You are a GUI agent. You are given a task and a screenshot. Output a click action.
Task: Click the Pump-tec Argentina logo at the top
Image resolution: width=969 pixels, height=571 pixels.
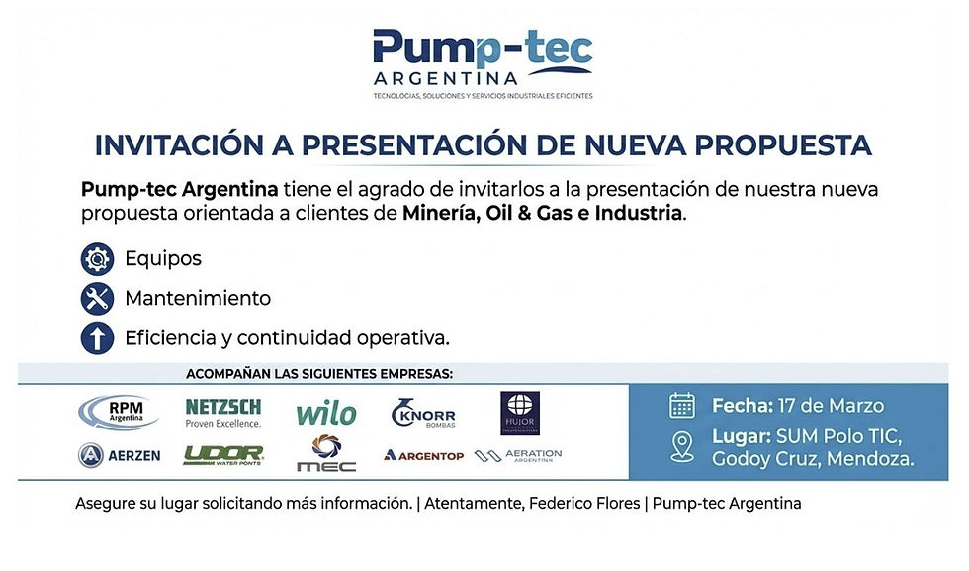[483, 61]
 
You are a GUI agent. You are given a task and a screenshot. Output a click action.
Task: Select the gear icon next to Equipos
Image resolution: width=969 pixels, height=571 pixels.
[96, 259]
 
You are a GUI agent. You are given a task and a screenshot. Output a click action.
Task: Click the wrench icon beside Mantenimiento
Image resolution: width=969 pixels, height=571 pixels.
[96, 298]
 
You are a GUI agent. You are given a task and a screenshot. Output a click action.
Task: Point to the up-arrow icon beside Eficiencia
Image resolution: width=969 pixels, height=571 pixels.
[96, 337]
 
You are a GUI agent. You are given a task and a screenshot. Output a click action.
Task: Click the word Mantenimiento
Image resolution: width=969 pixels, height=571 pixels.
[198, 298]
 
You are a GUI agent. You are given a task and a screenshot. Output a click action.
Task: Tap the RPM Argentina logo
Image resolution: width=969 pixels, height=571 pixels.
[119, 412]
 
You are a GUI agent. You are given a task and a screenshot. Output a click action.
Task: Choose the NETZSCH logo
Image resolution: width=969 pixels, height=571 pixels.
[223, 412]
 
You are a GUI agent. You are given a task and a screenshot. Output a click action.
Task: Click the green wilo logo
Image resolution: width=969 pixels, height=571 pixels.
[325, 413]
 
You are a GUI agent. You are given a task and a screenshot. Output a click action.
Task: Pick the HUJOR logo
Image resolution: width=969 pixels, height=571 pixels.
[520, 412]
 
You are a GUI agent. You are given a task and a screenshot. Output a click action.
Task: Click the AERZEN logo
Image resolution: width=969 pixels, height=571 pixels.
[119, 455]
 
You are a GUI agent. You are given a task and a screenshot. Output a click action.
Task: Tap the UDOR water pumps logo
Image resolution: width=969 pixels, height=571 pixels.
[223, 455]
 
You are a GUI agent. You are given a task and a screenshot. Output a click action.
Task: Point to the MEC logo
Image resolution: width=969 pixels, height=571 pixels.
[325, 453]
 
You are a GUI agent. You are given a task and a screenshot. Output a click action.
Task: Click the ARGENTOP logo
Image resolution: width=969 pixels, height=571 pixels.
[424, 455]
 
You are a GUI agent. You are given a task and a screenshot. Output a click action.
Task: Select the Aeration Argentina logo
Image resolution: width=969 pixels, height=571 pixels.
[518, 455]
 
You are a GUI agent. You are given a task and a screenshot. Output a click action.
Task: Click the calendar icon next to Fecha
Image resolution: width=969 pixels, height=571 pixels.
[682, 405]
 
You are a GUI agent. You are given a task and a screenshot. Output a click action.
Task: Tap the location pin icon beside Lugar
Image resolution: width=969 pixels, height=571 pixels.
[682, 446]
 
